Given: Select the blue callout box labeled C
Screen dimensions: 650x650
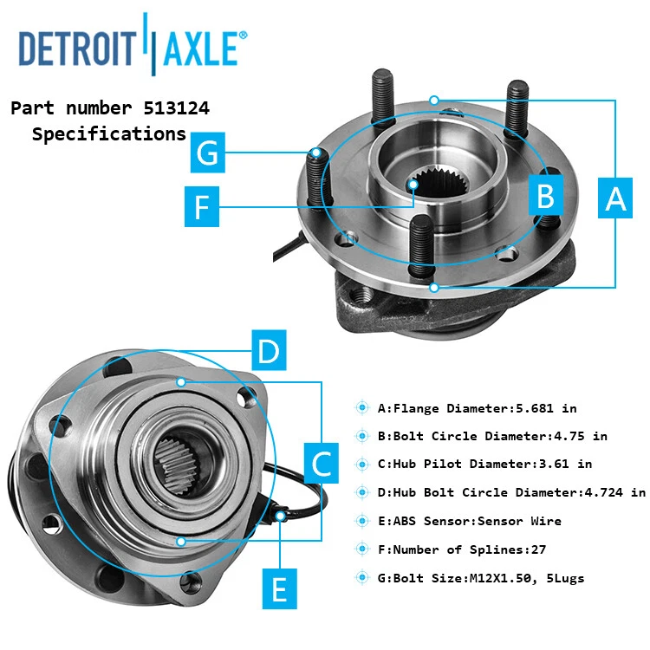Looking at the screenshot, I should click(x=321, y=464).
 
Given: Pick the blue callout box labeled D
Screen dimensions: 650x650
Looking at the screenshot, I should click(x=269, y=351).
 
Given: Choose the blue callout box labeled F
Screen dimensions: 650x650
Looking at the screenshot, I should click(x=202, y=207).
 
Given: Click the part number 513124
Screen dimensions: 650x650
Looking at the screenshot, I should click(x=172, y=108).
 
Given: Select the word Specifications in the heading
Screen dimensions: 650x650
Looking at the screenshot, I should click(x=109, y=134).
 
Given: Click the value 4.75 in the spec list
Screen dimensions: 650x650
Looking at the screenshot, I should click(x=568, y=436).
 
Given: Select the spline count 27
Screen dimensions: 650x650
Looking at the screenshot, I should click(x=537, y=549).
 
